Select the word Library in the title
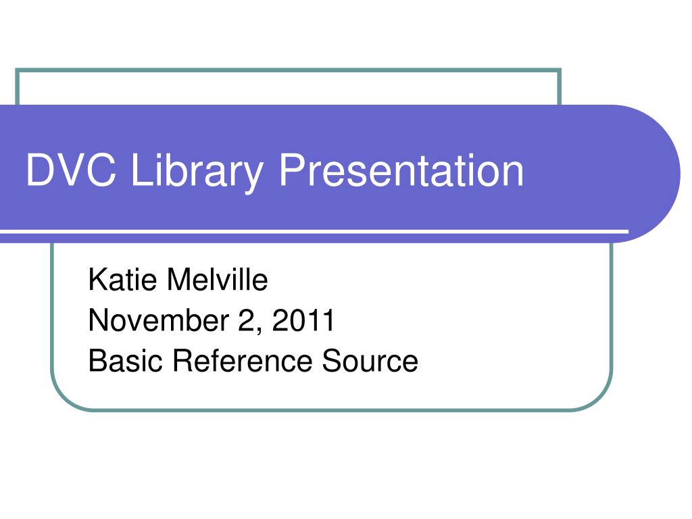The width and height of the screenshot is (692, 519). [x=197, y=171]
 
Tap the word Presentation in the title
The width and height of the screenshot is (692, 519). [x=401, y=171]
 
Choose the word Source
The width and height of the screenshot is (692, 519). [x=370, y=361]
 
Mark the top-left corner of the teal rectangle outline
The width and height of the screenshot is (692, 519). [x=17, y=70]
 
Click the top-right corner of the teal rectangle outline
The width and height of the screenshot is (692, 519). [x=560, y=70]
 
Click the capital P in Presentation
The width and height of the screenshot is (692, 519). [x=291, y=171]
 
